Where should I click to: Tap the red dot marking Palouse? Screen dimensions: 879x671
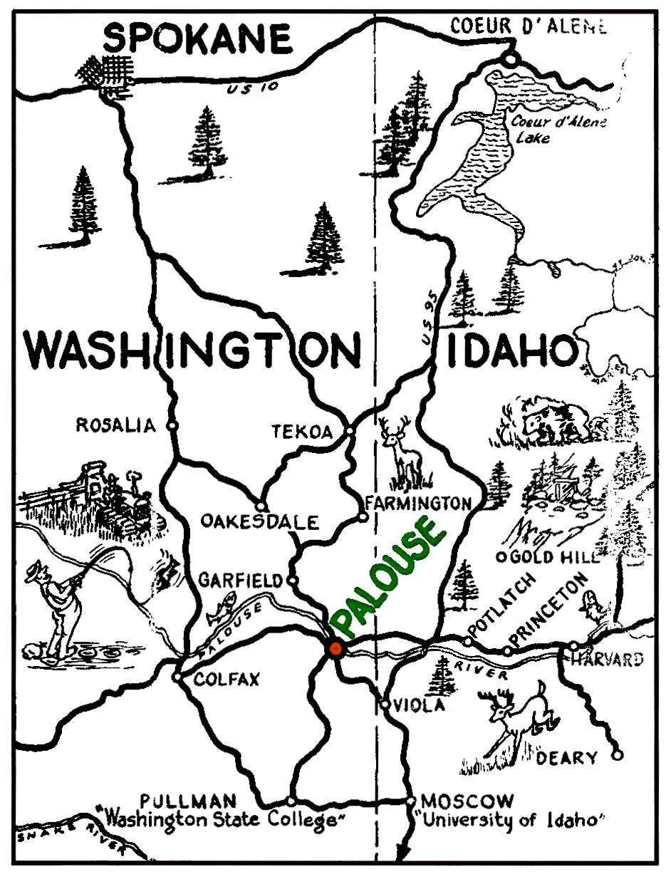(x=336, y=648)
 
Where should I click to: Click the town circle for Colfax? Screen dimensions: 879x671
(x=177, y=677)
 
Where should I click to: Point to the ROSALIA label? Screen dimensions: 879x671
(x=115, y=426)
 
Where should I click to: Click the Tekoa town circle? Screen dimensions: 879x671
(x=349, y=432)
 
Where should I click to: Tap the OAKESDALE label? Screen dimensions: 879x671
(x=259, y=521)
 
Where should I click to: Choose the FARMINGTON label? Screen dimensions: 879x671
(x=418, y=503)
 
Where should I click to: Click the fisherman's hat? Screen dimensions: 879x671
(x=38, y=570)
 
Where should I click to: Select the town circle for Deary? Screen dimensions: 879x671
(x=617, y=754)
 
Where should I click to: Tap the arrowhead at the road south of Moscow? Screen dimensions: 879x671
(x=404, y=853)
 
